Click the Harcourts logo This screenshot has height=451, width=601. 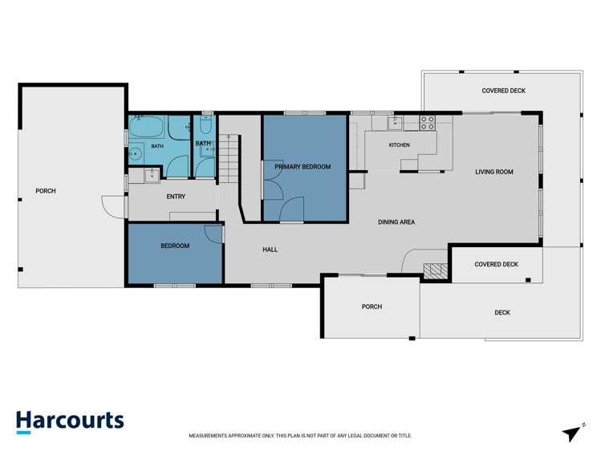(x=70, y=421)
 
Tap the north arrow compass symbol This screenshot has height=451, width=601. (x=573, y=433)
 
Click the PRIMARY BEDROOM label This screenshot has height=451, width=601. (x=303, y=167)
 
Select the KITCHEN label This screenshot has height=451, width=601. (x=400, y=144)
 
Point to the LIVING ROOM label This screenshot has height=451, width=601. (x=494, y=172)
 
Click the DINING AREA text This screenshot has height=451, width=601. (x=396, y=221)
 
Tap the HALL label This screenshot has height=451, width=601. (x=270, y=250)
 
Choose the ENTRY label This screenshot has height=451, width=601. (x=176, y=197)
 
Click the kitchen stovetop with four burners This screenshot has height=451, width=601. (x=428, y=123)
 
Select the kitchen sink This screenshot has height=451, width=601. (x=395, y=124)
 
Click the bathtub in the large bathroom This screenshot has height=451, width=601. (x=146, y=127)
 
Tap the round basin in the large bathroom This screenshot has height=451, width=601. (x=135, y=154)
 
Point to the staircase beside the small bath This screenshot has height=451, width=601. (x=229, y=158)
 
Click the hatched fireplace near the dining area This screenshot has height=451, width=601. (x=436, y=271)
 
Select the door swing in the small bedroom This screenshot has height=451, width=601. (x=213, y=234)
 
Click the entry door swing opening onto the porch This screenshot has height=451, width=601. (x=112, y=207)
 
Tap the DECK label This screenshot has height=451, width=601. (x=502, y=313)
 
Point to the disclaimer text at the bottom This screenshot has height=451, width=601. (x=300, y=436)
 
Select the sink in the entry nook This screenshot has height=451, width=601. (x=152, y=176)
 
